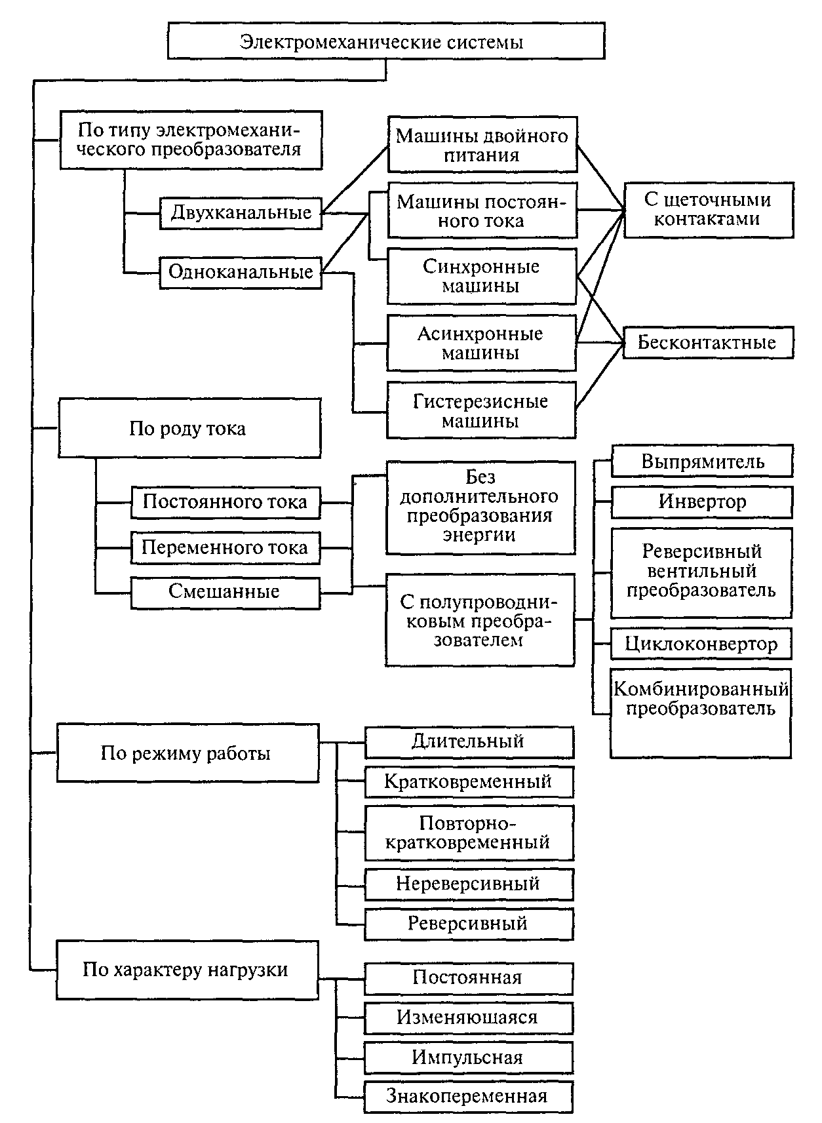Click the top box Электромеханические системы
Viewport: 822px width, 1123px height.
[386, 41]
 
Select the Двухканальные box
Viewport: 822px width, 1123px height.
[241, 213]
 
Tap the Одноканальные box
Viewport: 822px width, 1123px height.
[241, 272]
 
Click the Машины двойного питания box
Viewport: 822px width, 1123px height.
[482, 145]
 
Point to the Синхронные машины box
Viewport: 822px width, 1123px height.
[482, 276]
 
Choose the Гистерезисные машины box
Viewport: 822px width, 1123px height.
[481, 410]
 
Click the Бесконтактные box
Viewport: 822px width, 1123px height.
[708, 342]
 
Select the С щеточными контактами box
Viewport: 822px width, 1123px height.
[709, 210]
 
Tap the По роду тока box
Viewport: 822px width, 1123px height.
[189, 428]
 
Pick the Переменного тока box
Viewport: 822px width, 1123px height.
[225, 547]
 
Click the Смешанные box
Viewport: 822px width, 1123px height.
[225, 593]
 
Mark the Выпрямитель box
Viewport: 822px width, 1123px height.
[702, 461]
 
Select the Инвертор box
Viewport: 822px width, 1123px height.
[701, 502]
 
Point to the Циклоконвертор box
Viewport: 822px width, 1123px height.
[701, 644]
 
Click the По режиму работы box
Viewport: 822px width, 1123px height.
[188, 753]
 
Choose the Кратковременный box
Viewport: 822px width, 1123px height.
[469, 781]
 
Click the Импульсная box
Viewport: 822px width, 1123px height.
[469, 1058]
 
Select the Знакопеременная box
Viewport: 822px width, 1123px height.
[469, 1097]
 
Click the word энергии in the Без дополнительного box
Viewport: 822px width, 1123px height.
[479, 534]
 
